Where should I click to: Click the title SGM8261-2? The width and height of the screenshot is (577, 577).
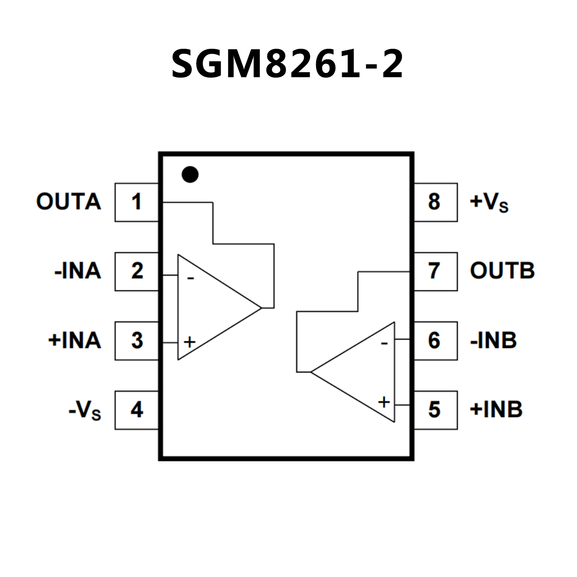(288, 64)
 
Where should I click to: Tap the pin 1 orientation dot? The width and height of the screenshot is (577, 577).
(190, 174)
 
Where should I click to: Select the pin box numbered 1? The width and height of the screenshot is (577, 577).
(136, 202)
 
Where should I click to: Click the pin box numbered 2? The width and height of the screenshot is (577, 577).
(136, 271)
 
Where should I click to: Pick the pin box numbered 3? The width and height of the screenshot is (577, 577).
(136, 341)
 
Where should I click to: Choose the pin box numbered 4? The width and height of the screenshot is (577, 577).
(136, 410)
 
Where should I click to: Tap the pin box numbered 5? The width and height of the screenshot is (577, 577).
(435, 410)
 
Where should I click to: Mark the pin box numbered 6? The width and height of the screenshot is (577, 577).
(435, 341)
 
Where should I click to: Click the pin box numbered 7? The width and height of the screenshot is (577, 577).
(435, 271)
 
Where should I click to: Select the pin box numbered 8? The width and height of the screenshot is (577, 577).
(435, 202)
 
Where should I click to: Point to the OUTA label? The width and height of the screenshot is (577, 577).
(69, 202)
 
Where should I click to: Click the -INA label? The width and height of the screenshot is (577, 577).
(78, 271)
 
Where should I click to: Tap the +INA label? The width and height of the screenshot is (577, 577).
(75, 341)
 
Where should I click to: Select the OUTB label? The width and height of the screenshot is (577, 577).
(502, 271)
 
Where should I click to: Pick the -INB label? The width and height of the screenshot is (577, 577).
(493, 341)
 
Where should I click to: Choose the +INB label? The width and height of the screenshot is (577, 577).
(496, 410)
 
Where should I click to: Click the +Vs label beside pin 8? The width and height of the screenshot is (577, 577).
(489, 203)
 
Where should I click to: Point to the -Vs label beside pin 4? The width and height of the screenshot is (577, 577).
(85, 410)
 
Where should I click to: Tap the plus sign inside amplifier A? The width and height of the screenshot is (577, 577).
(190, 342)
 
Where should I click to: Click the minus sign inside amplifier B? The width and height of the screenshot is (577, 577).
(384, 343)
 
